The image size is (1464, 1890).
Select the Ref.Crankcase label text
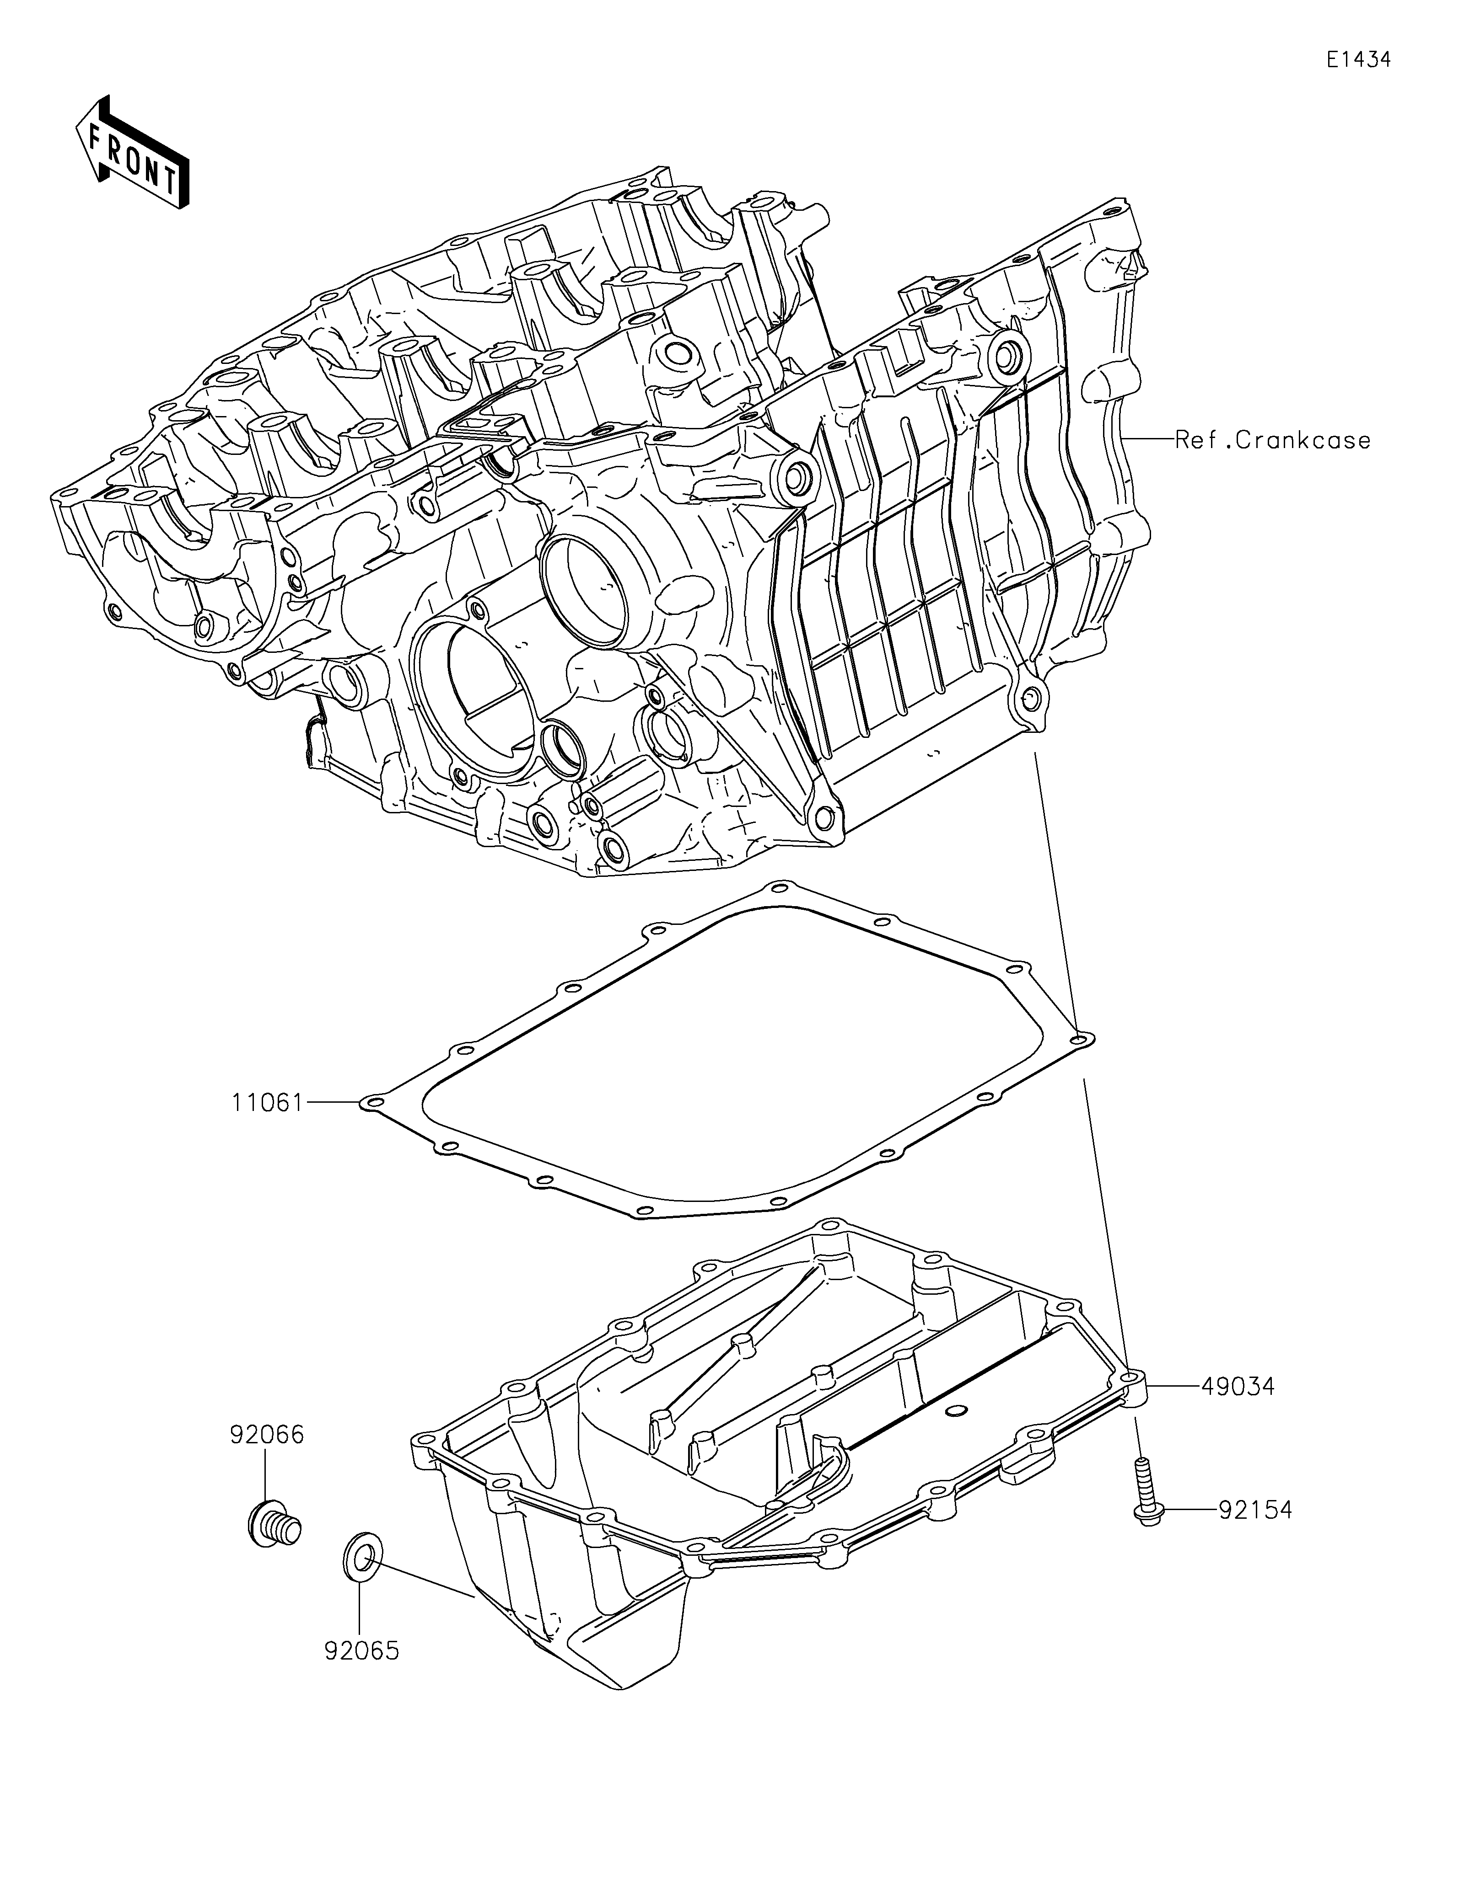click(x=1272, y=440)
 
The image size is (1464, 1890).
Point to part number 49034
click(x=1237, y=1386)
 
